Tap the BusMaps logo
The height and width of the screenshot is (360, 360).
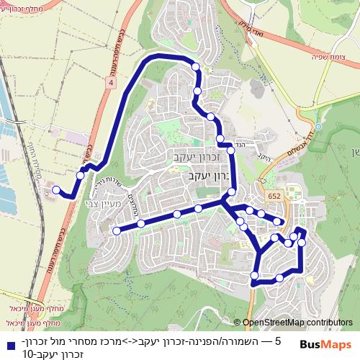tap(325, 346)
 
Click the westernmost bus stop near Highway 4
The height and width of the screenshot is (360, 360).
tap(55, 189)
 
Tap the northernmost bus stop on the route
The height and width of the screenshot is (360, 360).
tap(196, 66)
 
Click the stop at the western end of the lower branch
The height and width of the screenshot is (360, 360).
tap(117, 230)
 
